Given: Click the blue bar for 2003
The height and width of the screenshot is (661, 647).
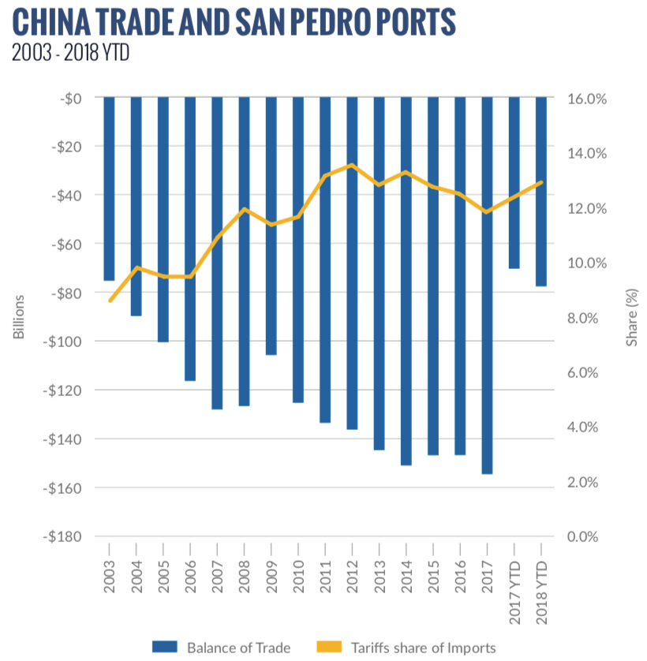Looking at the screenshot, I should tap(110, 189).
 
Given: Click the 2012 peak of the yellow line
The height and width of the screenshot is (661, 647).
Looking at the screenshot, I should tap(352, 165).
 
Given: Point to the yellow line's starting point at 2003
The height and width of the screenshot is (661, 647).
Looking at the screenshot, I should tap(110, 301).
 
